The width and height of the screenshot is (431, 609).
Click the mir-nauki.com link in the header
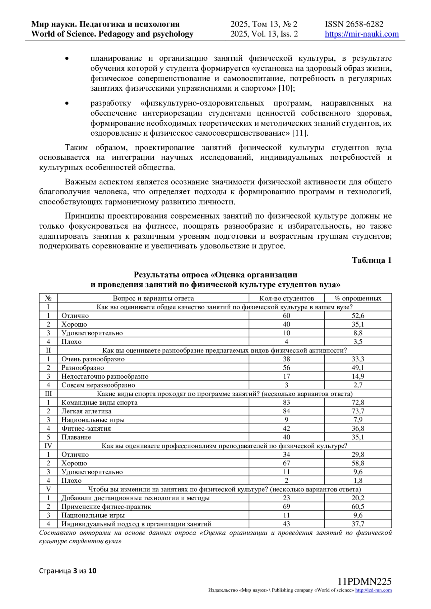click(362, 34)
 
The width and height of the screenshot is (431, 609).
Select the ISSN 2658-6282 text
click(354, 24)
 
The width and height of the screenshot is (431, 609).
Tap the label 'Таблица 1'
click(371, 260)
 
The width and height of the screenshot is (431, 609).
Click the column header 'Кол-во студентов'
click(286, 298)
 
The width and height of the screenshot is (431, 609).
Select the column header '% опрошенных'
click(358, 298)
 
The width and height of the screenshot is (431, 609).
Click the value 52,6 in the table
click(358, 316)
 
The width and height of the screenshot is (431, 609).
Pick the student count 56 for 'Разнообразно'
click(286, 368)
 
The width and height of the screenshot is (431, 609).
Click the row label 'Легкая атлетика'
click(86, 411)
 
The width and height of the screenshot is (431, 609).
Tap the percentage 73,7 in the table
click(358, 411)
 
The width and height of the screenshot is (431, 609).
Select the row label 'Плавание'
click(76, 437)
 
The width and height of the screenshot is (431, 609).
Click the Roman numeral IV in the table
click(48, 446)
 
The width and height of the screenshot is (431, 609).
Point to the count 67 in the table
click(286, 463)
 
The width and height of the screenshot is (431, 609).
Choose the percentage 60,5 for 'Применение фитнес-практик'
click(358, 507)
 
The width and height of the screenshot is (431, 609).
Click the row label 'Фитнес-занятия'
click(86, 428)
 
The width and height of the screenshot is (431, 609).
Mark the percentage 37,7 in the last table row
click(358, 524)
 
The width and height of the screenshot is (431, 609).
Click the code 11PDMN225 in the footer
click(365, 582)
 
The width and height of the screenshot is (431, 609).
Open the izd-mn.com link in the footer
click(373, 590)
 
